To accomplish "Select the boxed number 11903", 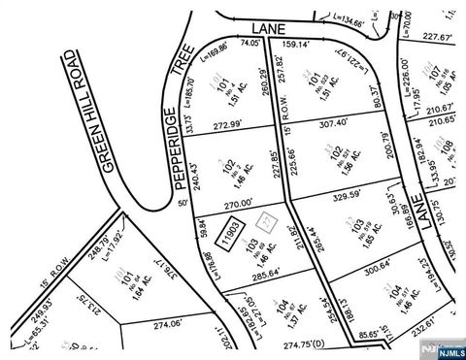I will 229,235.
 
